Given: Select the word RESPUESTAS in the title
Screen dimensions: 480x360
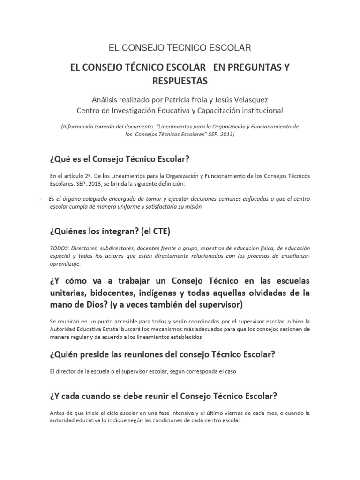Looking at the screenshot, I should coord(180,81).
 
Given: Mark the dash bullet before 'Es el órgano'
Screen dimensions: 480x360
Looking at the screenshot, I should coord(42,199).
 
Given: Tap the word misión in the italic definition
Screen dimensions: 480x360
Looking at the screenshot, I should coord(195,207).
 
